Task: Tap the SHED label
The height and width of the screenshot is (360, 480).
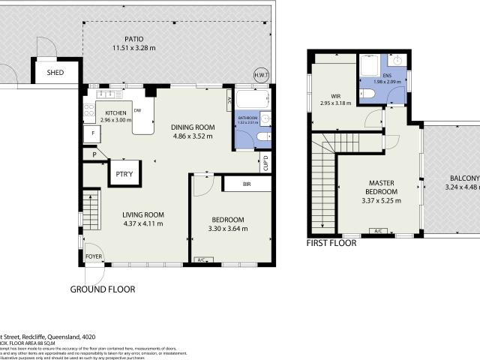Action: pos(55,73)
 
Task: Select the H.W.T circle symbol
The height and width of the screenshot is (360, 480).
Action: pos(261,74)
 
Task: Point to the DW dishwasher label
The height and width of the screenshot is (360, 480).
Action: pos(137,111)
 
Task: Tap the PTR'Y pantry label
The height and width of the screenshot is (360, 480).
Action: pos(124,175)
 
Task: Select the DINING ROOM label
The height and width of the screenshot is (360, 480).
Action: pos(193,127)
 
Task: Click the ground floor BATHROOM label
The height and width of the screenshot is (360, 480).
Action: pos(247,118)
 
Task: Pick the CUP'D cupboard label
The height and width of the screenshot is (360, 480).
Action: pos(265,160)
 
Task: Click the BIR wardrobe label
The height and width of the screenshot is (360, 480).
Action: pos(246,184)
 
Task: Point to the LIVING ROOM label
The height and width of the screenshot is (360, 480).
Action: pos(142,214)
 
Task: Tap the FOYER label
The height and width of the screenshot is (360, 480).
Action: pos(93,256)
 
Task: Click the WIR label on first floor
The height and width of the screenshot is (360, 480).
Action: pos(335,95)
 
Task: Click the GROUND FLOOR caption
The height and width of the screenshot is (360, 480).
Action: pos(103,289)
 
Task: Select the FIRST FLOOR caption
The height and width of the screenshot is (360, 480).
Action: pos(331,243)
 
